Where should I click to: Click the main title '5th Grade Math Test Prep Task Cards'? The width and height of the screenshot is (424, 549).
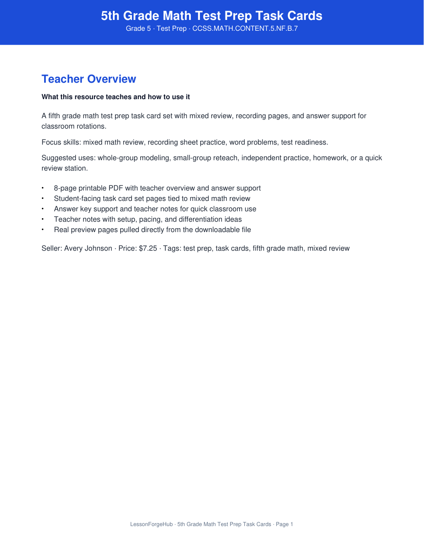[x=212, y=16]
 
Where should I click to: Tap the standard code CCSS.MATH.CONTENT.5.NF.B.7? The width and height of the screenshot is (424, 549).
[x=245, y=29]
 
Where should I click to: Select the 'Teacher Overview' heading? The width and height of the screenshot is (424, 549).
[x=89, y=79]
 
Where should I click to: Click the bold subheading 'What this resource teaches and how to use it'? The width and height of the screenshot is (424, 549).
[x=116, y=97]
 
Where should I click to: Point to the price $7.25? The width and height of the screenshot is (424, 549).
[x=148, y=249]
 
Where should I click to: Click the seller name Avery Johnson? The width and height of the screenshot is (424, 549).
[x=88, y=249]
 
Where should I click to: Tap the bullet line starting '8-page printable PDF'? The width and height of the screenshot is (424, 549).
[x=157, y=188]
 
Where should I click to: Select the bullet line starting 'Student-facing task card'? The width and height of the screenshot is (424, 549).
[x=152, y=199]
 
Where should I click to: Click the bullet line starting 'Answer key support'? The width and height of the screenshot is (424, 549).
[x=155, y=209]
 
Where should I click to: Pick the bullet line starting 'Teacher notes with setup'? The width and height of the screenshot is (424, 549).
[x=148, y=220]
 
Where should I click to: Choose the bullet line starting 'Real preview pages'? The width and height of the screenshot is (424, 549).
[x=152, y=230]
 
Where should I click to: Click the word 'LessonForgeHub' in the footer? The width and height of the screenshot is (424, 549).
[x=151, y=524]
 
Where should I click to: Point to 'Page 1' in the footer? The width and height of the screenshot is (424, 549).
[x=284, y=524]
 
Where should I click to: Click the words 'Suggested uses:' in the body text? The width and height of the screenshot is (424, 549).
[x=68, y=158]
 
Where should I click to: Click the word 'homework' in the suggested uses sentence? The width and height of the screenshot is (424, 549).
[x=330, y=158]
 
